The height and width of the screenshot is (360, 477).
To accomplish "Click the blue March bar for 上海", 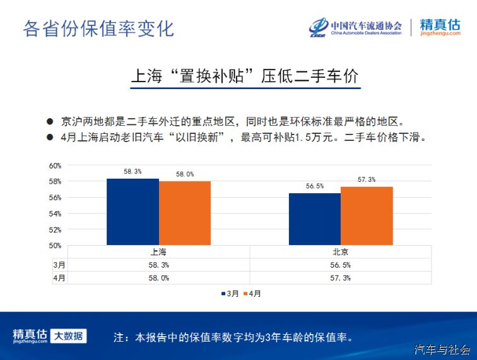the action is (132, 212).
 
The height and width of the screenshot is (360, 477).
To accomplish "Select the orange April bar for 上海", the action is (185, 213).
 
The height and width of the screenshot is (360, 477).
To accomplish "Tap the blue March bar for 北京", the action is (315, 219).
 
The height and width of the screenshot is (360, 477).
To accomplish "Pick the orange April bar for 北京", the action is (367, 216).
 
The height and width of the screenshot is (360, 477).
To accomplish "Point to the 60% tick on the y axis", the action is (55, 165).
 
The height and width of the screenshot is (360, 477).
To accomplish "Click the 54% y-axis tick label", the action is (55, 214).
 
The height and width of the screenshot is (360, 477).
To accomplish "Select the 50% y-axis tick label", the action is (55, 246).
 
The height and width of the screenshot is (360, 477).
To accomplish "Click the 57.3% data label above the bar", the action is (367, 180).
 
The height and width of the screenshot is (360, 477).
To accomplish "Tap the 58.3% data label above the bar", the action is (132, 171).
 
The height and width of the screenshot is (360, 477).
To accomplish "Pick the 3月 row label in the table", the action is (59, 265).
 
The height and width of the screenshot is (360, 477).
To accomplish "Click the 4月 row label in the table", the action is (59, 278).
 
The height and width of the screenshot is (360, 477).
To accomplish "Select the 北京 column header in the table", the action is (341, 252).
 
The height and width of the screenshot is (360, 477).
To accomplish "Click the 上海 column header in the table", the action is (158, 252).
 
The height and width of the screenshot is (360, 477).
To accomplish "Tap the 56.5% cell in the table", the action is (341, 265).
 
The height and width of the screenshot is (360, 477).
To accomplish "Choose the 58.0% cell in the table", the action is (159, 278).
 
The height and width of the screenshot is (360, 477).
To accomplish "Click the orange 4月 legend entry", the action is (252, 294).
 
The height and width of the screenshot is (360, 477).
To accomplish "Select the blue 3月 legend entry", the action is (230, 294).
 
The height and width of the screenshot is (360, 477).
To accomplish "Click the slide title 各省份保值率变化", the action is (98, 29).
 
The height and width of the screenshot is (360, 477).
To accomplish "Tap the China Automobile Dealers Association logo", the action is (355, 27).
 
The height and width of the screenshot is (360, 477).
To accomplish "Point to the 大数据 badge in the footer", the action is (68, 336).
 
